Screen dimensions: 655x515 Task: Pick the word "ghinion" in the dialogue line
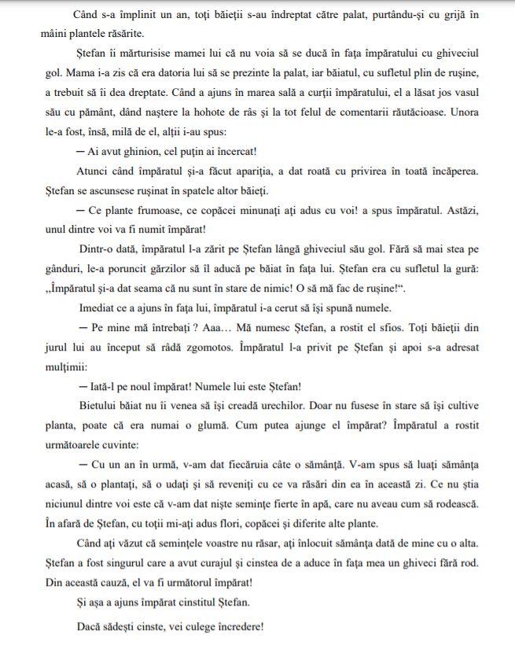(x=138, y=151)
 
